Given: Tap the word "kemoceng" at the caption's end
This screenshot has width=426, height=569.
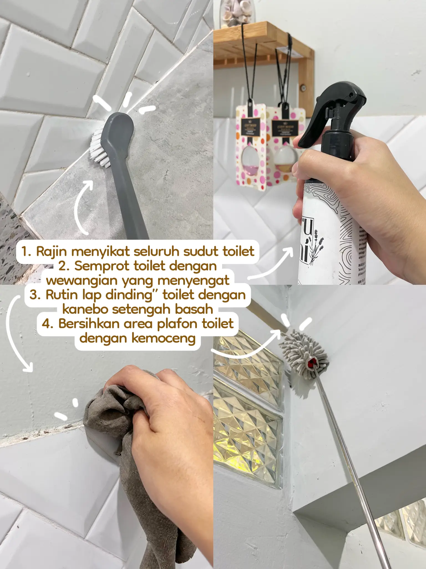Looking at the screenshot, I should [x=163, y=338].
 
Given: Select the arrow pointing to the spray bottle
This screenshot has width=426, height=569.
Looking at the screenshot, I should [x=272, y=264].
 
